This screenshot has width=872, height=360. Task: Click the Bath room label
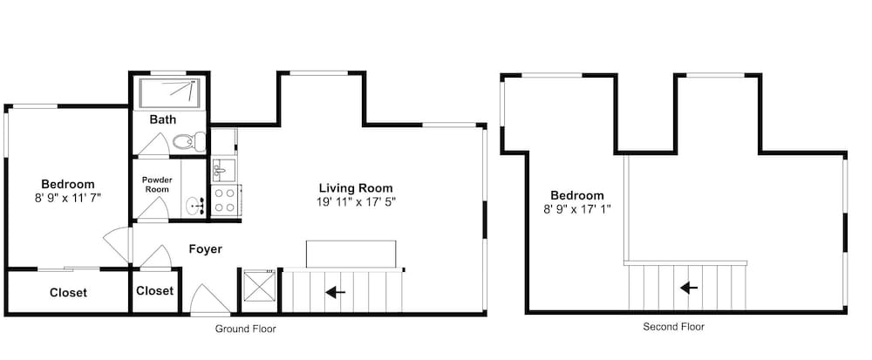click(x=163, y=119)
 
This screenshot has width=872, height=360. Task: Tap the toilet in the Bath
click(x=189, y=141)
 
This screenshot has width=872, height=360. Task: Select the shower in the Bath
click(x=169, y=92)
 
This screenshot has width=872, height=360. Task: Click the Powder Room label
click(x=157, y=185)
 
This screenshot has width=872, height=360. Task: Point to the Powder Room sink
click(x=194, y=206)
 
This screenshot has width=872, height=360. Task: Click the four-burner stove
click(x=225, y=200)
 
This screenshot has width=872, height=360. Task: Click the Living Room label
click(x=356, y=187)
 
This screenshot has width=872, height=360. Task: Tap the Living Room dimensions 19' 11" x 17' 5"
click(x=356, y=201)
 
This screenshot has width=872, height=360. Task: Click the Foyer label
click(x=205, y=249)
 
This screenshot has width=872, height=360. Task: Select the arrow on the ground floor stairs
click(x=336, y=292)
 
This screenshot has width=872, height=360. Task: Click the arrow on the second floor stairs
click(x=689, y=288)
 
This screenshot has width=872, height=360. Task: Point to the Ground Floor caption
click(x=245, y=329)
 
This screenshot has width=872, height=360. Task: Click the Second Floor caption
click(x=673, y=327)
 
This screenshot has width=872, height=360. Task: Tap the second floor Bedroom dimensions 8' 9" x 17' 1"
click(x=576, y=209)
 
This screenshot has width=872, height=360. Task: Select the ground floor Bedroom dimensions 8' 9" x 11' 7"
click(x=68, y=198)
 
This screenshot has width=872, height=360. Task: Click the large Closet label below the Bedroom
click(x=68, y=293)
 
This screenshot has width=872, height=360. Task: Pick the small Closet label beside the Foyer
click(x=154, y=290)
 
